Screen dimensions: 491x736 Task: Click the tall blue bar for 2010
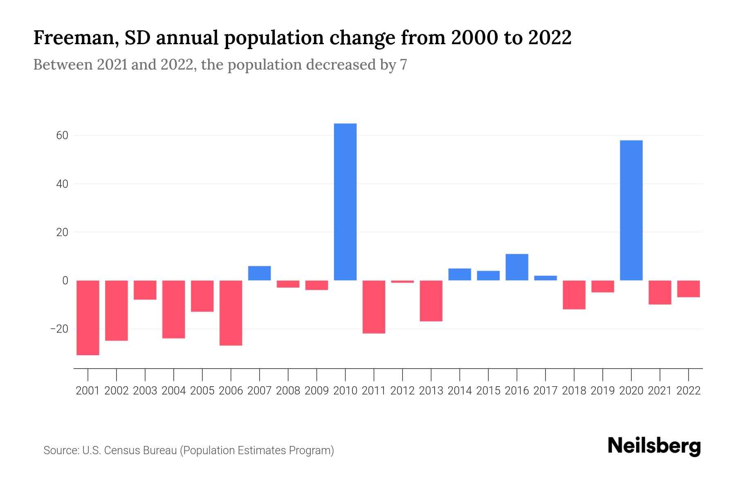click(x=345, y=202)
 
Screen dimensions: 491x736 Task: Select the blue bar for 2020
click(x=631, y=210)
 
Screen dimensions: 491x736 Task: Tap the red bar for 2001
click(x=88, y=318)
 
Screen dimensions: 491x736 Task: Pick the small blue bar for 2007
click(x=259, y=273)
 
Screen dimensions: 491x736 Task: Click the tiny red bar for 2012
click(x=402, y=282)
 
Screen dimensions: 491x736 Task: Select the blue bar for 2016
click(x=517, y=267)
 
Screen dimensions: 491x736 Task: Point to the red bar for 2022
click(x=688, y=289)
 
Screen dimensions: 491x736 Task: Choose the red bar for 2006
click(x=231, y=313)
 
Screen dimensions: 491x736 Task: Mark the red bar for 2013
click(x=431, y=301)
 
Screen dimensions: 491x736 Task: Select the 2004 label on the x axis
click(x=174, y=391)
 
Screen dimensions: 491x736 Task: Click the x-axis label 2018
click(x=574, y=391)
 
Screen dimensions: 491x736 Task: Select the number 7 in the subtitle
click(x=404, y=65)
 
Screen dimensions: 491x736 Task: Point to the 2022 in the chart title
click(x=550, y=38)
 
